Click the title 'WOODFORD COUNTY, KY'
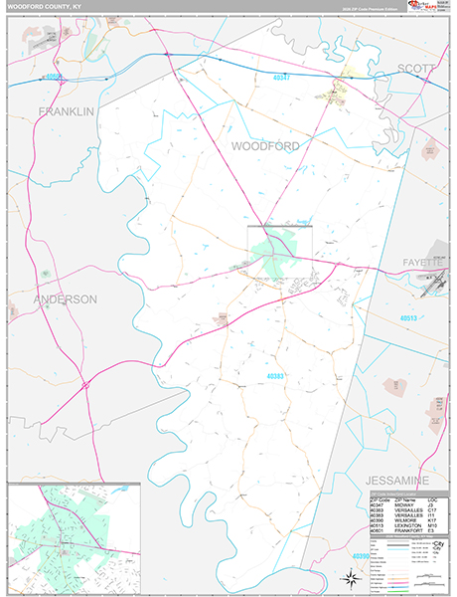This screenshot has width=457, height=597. click(42, 6)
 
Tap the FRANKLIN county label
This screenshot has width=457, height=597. click(67, 111)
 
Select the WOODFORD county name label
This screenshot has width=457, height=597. click(264, 145)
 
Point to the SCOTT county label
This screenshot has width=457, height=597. click(416, 69)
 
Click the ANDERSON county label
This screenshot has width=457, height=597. click(66, 298)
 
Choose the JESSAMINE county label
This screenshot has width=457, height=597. click(401, 480)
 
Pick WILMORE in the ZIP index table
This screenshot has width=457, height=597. click(406, 518)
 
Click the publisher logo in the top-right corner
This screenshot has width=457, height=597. click(429, 7)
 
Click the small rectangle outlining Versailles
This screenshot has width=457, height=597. click(279, 243)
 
